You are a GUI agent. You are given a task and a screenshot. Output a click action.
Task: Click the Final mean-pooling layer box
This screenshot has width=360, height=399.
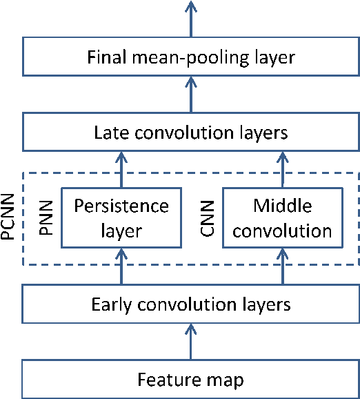pyautogui.click(x=191, y=57)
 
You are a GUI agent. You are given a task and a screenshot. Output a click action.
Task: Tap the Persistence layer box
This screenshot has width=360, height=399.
pyautogui.click(x=121, y=217)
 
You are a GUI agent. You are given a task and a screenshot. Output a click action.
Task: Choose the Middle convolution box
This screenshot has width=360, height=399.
pyautogui.click(x=283, y=217)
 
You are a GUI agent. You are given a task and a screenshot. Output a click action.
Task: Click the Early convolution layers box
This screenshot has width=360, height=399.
pyautogui.click(x=191, y=304)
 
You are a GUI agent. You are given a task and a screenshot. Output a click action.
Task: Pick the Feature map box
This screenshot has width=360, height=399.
pyautogui.click(x=191, y=378)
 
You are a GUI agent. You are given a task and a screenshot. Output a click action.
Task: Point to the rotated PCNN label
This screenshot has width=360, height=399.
pyautogui.click(x=9, y=217)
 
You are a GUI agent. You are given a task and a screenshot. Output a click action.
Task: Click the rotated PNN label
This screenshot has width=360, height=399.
pyautogui.click(x=47, y=217)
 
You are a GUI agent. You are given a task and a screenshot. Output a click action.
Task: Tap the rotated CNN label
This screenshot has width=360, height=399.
pyautogui.click(x=208, y=217)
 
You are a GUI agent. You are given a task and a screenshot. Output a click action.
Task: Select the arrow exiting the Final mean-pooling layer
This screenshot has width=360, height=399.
pyautogui.click(x=191, y=18)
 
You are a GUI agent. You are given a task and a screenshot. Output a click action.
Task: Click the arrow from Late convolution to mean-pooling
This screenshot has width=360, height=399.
pyautogui.click(x=191, y=94)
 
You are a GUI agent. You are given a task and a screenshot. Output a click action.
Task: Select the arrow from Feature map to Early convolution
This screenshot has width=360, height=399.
pyautogui.click(x=191, y=341)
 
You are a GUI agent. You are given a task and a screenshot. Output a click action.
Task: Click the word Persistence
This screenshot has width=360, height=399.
pyautogui.click(x=121, y=206)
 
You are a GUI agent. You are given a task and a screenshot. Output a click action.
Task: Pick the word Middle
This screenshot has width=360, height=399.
pyautogui.click(x=283, y=206)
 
